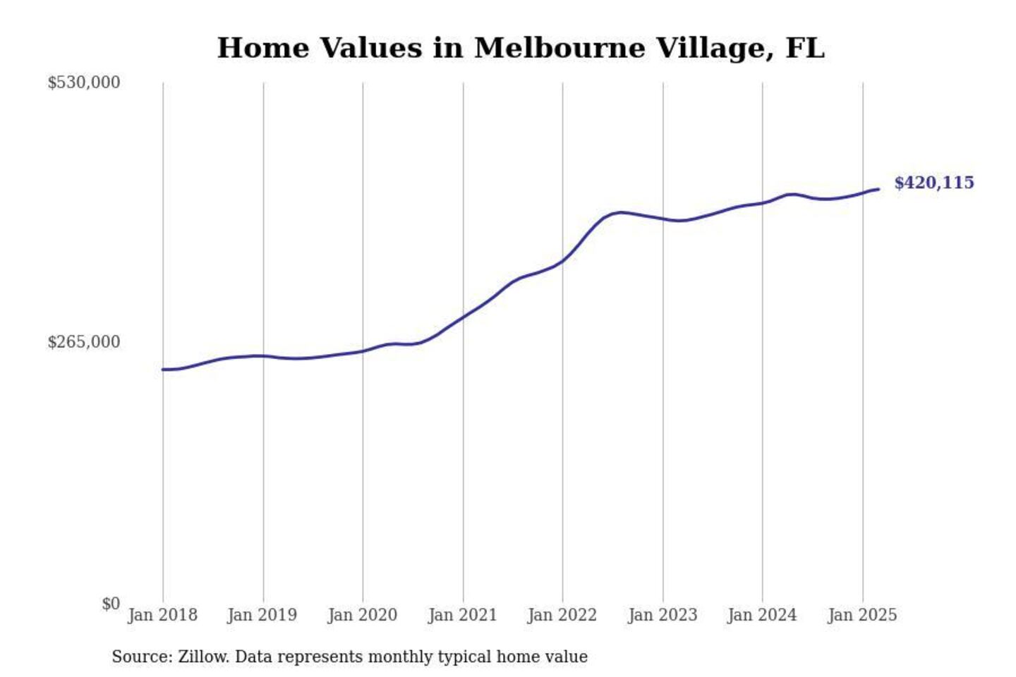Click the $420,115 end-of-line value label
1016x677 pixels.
(933, 183)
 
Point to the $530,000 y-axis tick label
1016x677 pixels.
(83, 83)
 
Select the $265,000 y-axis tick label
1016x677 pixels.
(83, 342)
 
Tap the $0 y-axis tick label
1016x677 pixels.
(111, 604)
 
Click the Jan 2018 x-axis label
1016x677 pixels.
(162, 615)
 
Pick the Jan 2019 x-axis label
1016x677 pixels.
(262, 615)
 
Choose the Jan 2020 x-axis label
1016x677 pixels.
(362, 615)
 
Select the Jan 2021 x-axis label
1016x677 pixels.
(462, 615)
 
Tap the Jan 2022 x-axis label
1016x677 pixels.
(562, 615)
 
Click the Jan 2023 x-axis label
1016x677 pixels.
(662, 615)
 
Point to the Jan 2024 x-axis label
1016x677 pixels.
(761, 615)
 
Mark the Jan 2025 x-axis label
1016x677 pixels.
(861, 615)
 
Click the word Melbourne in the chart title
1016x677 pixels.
(560, 48)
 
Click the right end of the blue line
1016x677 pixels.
(878, 189)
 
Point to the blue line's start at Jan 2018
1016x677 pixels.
(163, 370)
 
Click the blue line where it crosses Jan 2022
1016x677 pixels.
(563, 261)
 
